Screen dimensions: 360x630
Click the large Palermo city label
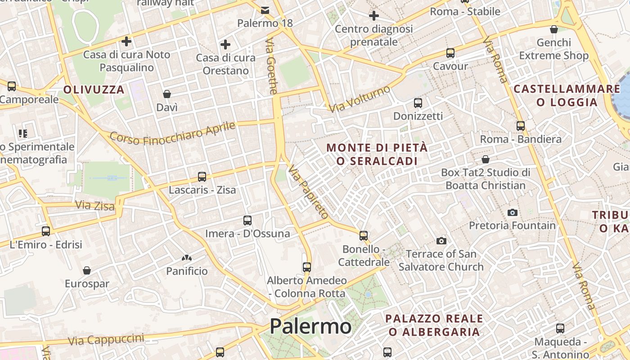[310, 326]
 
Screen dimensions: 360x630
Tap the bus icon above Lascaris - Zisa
[202, 177]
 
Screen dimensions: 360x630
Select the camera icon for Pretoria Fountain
[512, 212]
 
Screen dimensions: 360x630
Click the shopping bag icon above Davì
[167, 94]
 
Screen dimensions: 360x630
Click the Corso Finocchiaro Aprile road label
[173, 133]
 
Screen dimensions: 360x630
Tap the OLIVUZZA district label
[94, 90]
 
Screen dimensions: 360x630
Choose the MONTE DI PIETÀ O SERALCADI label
[377, 154]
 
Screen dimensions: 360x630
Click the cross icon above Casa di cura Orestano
[225, 45]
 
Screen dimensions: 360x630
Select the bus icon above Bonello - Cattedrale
[364, 235]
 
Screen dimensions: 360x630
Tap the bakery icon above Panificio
[187, 258]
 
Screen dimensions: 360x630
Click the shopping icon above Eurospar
[87, 270]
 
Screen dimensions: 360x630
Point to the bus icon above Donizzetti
[418, 103]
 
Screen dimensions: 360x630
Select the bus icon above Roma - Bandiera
[521, 126]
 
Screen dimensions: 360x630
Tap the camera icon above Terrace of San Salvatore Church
[441, 241]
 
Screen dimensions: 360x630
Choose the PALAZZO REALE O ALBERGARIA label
[434, 325]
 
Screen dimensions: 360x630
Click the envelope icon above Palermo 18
[265, 10]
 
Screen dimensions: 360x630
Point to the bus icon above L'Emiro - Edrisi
[46, 231]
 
